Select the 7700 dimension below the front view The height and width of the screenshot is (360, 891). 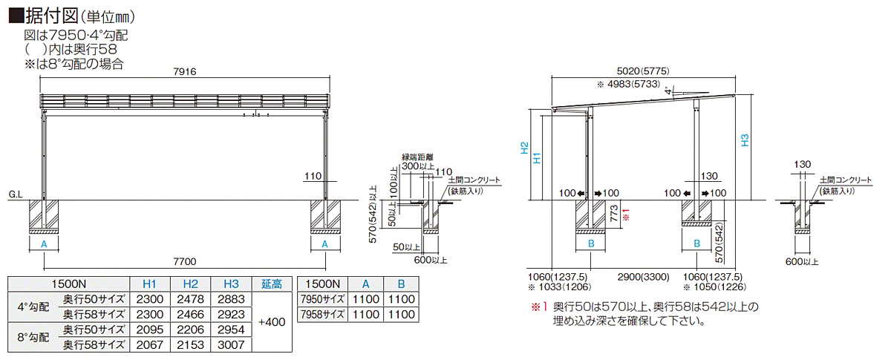coord(184,261)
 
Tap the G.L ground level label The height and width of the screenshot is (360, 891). coord(16,194)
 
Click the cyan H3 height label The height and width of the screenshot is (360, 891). coord(745,140)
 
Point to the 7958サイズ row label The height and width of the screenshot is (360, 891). coord(322,314)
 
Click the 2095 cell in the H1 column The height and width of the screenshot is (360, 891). coord(149,329)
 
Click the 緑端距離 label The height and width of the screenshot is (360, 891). coord(417,157)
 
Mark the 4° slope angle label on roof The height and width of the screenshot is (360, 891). coord(669,90)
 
